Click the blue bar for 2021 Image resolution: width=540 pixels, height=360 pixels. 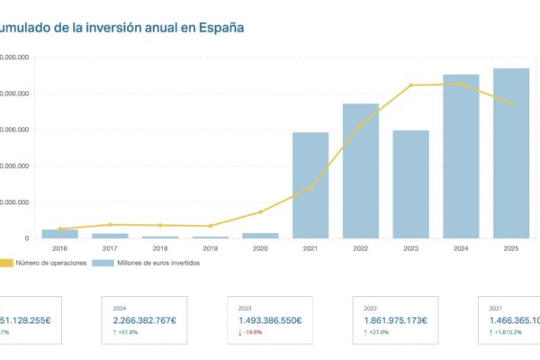pyautogui.click(x=310, y=185)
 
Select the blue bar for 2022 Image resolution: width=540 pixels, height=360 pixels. pyautogui.click(x=361, y=171)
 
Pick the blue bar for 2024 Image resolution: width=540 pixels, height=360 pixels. pyautogui.click(x=461, y=157)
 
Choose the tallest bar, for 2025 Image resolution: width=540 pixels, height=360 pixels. pyautogui.click(x=510, y=154)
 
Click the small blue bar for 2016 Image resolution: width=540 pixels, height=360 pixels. pyautogui.click(x=59, y=233)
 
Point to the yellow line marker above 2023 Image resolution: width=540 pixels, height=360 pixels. pyautogui.click(x=411, y=85)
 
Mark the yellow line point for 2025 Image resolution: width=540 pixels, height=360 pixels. pyautogui.click(x=511, y=103)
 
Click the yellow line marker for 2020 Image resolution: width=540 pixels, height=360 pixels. pyautogui.click(x=261, y=212)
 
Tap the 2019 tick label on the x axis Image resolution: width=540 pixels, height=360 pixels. pyautogui.click(x=210, y=248)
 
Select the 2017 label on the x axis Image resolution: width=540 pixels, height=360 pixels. pyautogui.click(x=110, y=248)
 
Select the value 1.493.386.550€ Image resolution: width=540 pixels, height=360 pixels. pyautogui.click(x=270, y=319)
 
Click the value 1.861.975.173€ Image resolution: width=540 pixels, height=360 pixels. pyautogui.click(x=394, y=319)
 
